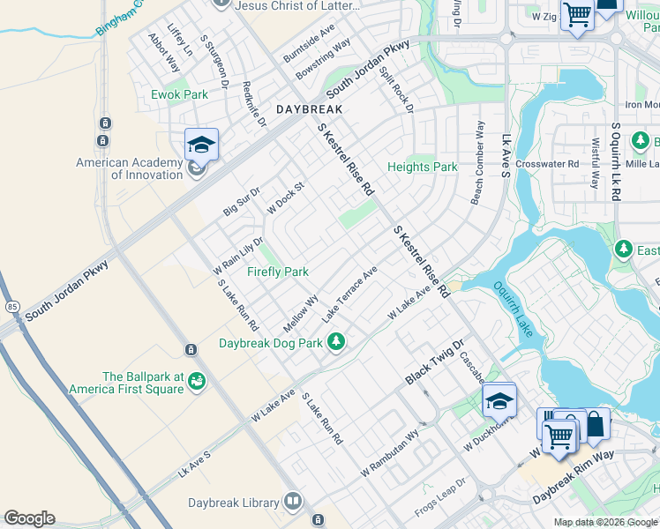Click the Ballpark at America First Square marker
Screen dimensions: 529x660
click(x=196, y=381)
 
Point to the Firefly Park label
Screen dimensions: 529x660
click(x=277, y=272)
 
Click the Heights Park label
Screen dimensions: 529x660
click(x=423, y=167)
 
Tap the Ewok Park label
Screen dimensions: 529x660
click(x=179, y=94)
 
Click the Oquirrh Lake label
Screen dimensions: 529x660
click(x=513, y=309)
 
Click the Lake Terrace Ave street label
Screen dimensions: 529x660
click(x=350, y=292)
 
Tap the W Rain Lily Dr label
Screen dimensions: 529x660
click(x=238, y=255)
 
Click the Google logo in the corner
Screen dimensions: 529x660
click(x=29, y=518)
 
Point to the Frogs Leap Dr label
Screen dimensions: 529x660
click(x=440, y=500)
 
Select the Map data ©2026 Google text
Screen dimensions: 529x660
click(x=604, y=522)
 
